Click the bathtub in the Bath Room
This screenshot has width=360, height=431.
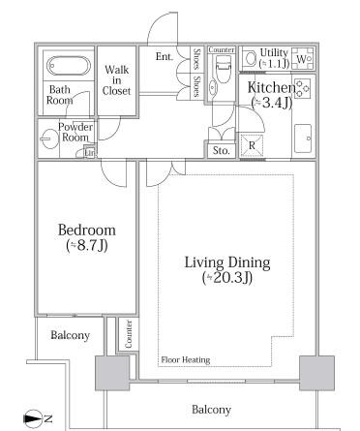(69, 66)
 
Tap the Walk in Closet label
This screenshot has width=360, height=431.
(116, 80)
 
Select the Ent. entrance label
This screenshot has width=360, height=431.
(165, 56)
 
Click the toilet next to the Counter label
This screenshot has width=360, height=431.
(223, 69)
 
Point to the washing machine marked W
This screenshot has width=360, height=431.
(302, 58)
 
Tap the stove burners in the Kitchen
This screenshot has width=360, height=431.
(302, 88)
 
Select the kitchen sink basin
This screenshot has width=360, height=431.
(303, 139)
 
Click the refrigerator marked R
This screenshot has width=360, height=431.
(252, 145)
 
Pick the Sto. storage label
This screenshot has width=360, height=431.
(222, 150)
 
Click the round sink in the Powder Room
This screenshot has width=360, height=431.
(50, 139)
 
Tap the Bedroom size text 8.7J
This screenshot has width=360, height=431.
(87, 246)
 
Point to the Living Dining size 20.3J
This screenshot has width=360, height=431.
(227, 278)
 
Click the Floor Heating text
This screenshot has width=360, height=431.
(186, 359)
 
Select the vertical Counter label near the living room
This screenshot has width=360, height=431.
(129, 334)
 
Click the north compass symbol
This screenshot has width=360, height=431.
(33, 418)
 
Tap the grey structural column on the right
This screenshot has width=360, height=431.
(316, 373)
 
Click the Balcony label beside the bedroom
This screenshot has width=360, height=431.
(71, 335)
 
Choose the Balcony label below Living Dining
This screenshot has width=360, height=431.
(212, 410)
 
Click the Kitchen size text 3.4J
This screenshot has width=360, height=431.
(272, 103)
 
